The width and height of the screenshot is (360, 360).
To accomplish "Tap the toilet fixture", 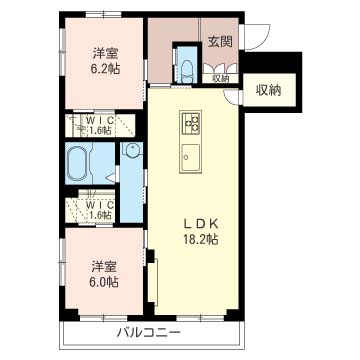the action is pos(187,70).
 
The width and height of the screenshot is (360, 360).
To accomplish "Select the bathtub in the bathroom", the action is pos(77,163).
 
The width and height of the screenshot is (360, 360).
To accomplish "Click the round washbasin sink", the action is pos(134,150).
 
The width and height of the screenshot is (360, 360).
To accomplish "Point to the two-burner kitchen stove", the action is pos(191,122).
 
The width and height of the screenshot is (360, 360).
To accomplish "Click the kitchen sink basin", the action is pos(191,157).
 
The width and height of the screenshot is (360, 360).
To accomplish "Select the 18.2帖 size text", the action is pos(201,239).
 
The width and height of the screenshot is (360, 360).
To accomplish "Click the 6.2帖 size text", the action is pos(104,69).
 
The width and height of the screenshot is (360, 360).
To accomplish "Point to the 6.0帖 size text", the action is pos(104,282).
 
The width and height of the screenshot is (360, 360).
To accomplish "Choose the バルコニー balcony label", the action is pos(149,333).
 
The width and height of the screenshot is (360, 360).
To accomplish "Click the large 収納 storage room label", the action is pos(269,90).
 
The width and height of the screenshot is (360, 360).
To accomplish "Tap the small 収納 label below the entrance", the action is pos(220,79).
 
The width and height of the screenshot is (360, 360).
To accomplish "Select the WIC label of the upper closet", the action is pos(100,120).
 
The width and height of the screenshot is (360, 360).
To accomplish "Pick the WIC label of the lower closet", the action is pos(100,204).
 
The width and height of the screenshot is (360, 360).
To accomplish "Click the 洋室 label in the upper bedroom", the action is pos(104,54).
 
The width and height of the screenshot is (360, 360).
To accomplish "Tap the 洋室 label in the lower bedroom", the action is pos(104,267).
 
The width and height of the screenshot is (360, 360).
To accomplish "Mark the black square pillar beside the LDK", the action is pos(151,256).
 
